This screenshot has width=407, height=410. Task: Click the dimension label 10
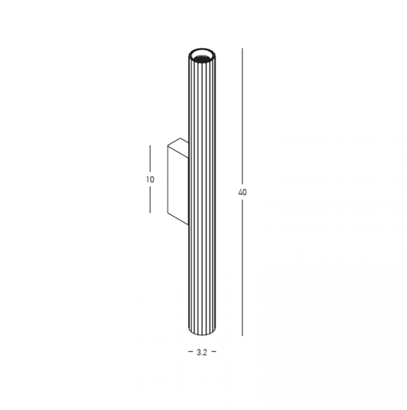click(x=150, y=180)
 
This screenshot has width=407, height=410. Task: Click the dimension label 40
click(x=242, y=192)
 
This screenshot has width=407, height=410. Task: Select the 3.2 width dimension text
click(x=202, y=352)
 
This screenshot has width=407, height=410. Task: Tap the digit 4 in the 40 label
click(x=240, y=192)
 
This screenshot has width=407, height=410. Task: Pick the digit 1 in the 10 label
click(x=147, y=180)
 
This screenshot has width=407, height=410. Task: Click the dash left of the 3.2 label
click(x=190, y=352)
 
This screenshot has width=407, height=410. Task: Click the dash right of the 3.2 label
click(x=214, y=352)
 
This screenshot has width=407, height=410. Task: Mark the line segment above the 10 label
click(x=150, y=160)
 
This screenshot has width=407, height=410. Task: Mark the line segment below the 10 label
click(x=150, y=199)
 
